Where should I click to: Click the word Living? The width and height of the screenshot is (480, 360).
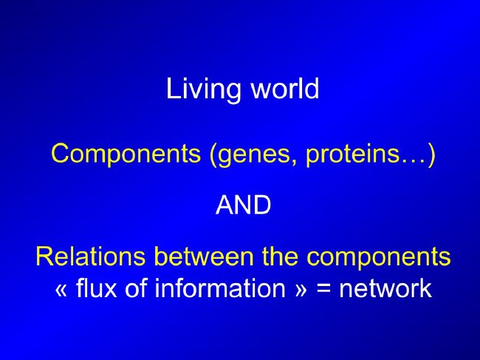point(203,90)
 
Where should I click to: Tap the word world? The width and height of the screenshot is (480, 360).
point(285,88)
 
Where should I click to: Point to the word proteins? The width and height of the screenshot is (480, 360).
point(352,155)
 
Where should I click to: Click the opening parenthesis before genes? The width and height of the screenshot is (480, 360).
point(213,154)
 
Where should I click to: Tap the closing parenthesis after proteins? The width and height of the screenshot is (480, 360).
point(431,154)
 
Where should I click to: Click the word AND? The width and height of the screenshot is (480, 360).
point(244,205)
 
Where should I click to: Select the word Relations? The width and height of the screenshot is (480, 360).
point(91,256)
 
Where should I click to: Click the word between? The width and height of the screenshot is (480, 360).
point(204,256)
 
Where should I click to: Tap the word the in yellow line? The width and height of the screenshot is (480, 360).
point(280,256)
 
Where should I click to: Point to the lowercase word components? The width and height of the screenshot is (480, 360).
point(379,258)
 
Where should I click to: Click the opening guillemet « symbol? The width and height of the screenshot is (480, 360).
point(61,290)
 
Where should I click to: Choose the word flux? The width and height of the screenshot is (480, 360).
point(96,288)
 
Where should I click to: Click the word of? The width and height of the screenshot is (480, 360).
point(137,288)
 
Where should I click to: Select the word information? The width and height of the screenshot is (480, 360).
point(220,288)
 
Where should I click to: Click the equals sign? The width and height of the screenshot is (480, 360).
point(323,289)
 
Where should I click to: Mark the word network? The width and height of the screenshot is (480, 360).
point(385,288)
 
